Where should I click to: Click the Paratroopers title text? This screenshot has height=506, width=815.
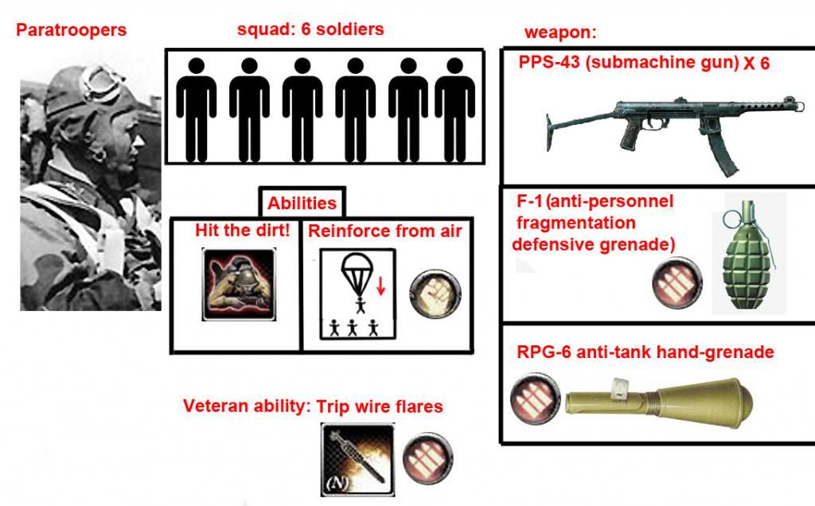pyautogui.click(x=71, y=30)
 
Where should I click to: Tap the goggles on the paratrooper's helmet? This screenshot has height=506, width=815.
pyautogui.click(x=103, y=83)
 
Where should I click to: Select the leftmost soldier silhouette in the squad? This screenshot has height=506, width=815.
pyautogui.click(x=197, y=110)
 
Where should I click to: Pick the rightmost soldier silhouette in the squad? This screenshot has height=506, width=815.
pyautogui.click(x=454, y=110)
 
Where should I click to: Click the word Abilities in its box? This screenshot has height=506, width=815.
pyautogui.click(x=302, y=203)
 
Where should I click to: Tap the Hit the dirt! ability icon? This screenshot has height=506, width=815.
pyautogui.click(x=239, y=284)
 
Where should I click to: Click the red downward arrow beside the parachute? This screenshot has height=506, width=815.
pyautogui.click(x=381, y=285)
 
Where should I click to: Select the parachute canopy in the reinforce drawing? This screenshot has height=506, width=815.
pyautogui.click(x=358, y=268)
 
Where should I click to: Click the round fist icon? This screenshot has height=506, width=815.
pyautogui.click(x=435, y=293)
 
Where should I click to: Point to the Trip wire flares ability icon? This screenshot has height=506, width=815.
pyautogui.click(x=357, y=459)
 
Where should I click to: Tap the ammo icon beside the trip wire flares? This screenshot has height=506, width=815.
pyautogui.click(x=427, y=459)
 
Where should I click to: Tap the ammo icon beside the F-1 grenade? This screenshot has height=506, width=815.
pyautogui.click(x=677, y=282)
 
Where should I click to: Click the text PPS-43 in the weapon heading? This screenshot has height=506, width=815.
pyautogui.click(x=549, y=62)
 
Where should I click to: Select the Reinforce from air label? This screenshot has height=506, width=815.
pyautogui.click(x=385, y=231)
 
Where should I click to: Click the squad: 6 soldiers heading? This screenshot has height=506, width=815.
pyautogui.click(x=310, y=29)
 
